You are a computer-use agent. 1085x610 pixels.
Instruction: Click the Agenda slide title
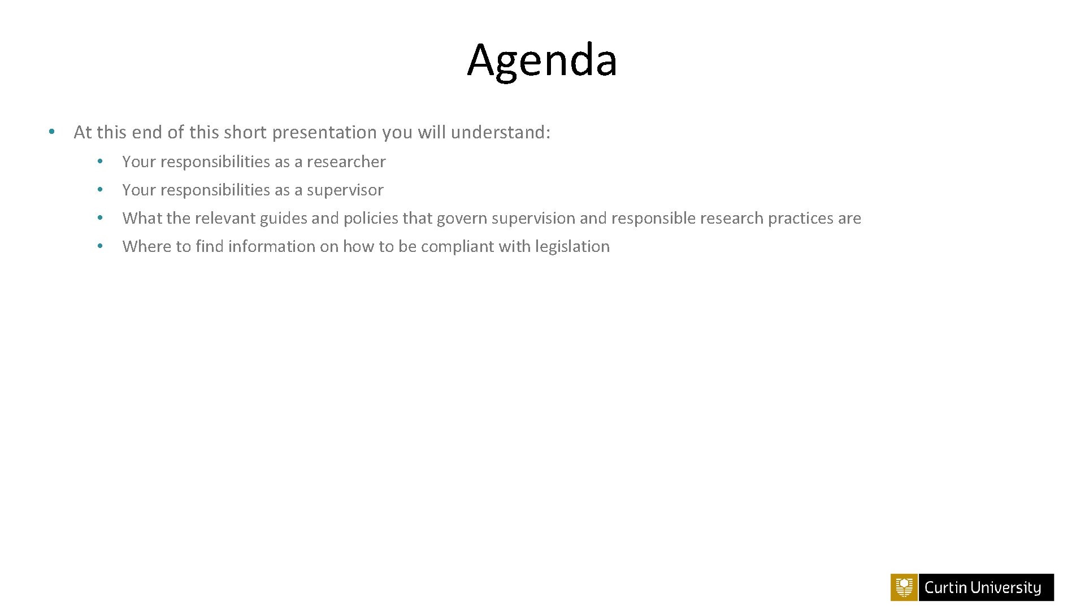point(542,60)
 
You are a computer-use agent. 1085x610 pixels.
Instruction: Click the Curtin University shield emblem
point(904,587)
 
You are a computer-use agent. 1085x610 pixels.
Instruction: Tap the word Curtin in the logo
point(945,588)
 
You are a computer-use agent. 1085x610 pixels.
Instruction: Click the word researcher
point(346,162)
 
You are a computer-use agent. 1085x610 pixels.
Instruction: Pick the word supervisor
point(345,190)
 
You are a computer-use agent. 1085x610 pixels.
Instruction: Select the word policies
point(371,219)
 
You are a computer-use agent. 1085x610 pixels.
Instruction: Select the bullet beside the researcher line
point(99,162)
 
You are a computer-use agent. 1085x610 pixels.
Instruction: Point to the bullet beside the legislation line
point(99,246)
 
